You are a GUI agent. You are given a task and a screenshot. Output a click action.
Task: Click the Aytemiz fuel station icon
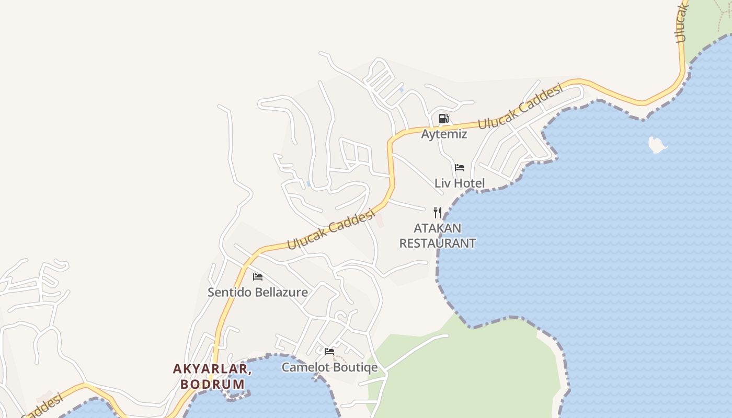coord(443,119)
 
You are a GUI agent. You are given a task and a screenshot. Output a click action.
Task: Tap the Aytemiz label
coord(444,134)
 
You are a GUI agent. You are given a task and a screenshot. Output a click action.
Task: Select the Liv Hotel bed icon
coord(460,168)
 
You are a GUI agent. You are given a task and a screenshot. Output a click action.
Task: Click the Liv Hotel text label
coord(460,183)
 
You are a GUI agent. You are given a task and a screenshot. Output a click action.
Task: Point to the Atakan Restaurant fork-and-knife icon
coord(438,212)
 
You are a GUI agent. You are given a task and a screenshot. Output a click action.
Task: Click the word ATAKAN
coord(437,228)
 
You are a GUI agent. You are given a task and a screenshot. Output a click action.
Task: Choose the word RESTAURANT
coord(437,243)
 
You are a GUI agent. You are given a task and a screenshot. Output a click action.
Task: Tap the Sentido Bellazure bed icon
coord(258,277)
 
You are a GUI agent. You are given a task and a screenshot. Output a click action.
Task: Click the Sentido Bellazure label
coord(258,292)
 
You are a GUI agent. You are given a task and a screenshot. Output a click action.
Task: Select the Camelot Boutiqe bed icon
coord(329,352)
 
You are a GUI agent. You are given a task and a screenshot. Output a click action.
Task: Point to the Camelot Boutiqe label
coord(329,367)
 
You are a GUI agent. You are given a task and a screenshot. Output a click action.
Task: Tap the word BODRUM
coord(212,384)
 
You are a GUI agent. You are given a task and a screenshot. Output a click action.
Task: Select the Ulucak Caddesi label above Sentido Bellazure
coord(332,230)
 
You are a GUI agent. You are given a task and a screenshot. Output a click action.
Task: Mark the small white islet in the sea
coord(657,145)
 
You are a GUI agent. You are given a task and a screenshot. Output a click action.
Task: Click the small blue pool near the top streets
coord(401,90)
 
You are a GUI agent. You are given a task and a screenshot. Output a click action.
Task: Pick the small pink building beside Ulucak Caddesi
coord(380,220)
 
